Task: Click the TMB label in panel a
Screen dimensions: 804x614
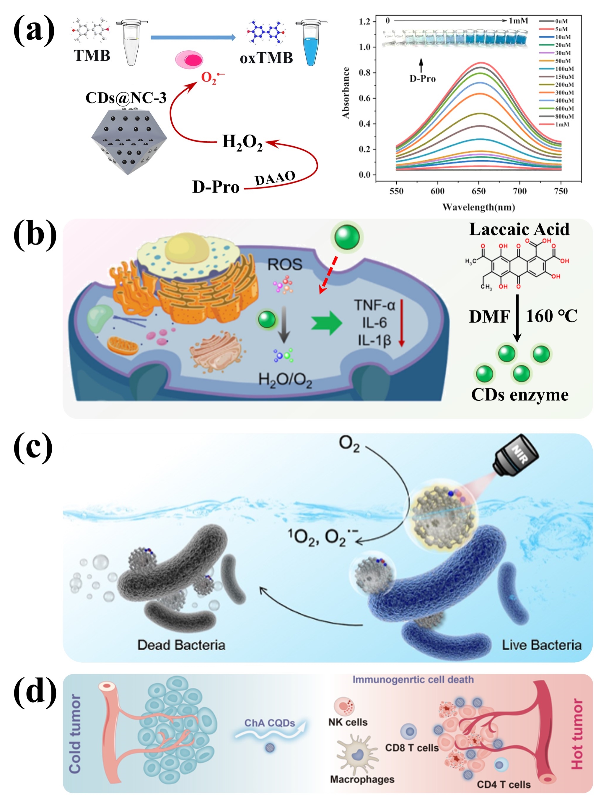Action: pos(92,56)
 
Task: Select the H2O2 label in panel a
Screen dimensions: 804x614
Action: pos(242,142)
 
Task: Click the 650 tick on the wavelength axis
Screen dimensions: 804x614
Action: pos(478,191)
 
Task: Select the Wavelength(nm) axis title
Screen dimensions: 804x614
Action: pos(478,207)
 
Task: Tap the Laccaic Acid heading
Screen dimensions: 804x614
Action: pos(519,229)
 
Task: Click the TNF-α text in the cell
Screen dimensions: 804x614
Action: pos(374,305)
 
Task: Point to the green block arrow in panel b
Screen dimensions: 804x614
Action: pos(326,323)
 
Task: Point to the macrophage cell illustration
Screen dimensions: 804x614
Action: pos(357,754)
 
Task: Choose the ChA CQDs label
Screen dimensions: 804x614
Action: pos(270,723)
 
